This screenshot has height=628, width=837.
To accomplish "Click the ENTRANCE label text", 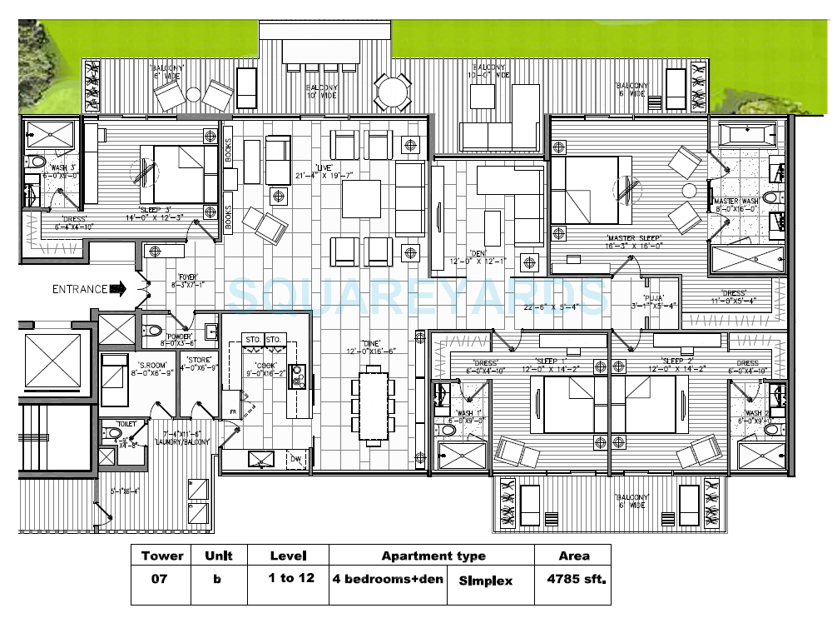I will [80, 290].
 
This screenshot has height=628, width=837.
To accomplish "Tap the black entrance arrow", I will [118, 290].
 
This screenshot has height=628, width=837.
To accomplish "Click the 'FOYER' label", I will [186, 277].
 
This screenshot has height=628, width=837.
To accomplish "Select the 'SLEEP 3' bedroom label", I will [156, 210].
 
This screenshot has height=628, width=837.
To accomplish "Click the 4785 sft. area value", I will [574, 577].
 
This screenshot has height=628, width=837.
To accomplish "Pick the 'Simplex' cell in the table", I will [486, 577].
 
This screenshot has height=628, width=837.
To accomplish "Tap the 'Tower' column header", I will [162, 556].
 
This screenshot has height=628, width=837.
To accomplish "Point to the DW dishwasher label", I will [295, 457].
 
